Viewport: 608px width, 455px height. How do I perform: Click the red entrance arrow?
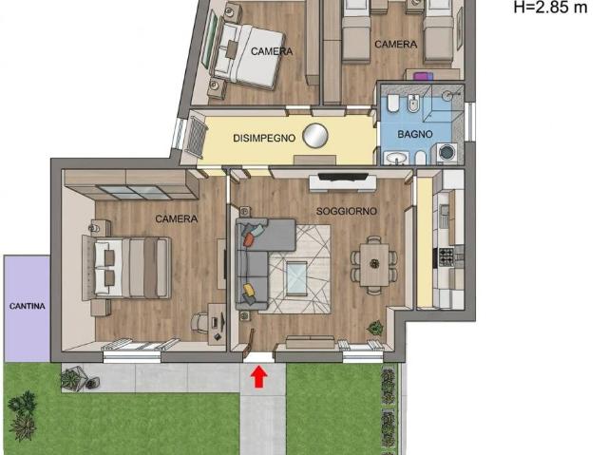[x=259, y=377]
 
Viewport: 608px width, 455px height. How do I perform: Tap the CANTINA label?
[x=28, y=306]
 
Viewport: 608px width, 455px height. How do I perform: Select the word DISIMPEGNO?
[x=264, y=138]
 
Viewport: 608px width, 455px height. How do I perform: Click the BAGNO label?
[x=415, y=134]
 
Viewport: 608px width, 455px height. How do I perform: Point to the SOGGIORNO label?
[x=347, y=211]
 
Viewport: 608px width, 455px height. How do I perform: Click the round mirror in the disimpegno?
[x=315, y=136]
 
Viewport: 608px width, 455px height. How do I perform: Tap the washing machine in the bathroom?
[x=447, y=153]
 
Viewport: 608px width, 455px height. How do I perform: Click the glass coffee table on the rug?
[x=296, y=276]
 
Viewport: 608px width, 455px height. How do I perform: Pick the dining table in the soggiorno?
[x=374, y=265]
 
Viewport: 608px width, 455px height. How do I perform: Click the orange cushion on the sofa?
[x=249, y=240]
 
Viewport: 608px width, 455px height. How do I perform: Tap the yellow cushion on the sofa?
[x=249, y=289]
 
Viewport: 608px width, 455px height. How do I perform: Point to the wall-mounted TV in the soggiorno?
[x=343, y=177]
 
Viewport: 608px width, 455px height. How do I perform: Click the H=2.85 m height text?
[x=551, y=7]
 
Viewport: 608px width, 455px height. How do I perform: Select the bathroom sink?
[x=396, y=158]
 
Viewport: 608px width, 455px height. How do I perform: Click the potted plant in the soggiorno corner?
[x=375, y=328]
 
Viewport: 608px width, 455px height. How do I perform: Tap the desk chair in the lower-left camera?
[x=199, y=322]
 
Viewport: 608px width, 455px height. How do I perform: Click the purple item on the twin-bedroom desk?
[x=423, y=76]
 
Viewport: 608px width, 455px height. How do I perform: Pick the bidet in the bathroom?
[x=414, y=104]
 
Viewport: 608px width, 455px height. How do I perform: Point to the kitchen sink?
[x=444, y=211]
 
